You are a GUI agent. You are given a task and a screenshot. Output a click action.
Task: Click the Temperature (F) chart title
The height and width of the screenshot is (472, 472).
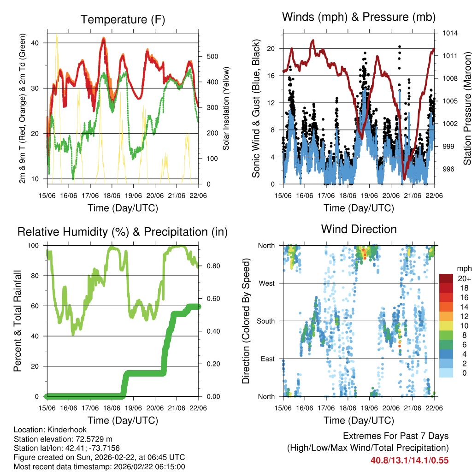123,20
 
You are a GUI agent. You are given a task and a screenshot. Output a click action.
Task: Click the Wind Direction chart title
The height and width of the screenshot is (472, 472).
359,229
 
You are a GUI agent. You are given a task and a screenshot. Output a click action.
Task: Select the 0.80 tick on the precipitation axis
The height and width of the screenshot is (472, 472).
210,266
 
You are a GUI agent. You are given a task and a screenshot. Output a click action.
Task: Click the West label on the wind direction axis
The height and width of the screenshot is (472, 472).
266,283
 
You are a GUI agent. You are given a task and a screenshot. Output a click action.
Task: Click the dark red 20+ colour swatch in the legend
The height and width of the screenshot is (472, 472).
446,278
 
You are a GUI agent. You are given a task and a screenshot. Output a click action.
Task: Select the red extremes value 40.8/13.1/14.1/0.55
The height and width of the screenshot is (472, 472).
409,460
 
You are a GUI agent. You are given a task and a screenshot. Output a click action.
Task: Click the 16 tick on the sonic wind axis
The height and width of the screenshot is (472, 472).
271,76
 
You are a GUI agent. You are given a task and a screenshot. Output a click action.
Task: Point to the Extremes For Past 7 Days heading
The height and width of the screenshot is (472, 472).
395,436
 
